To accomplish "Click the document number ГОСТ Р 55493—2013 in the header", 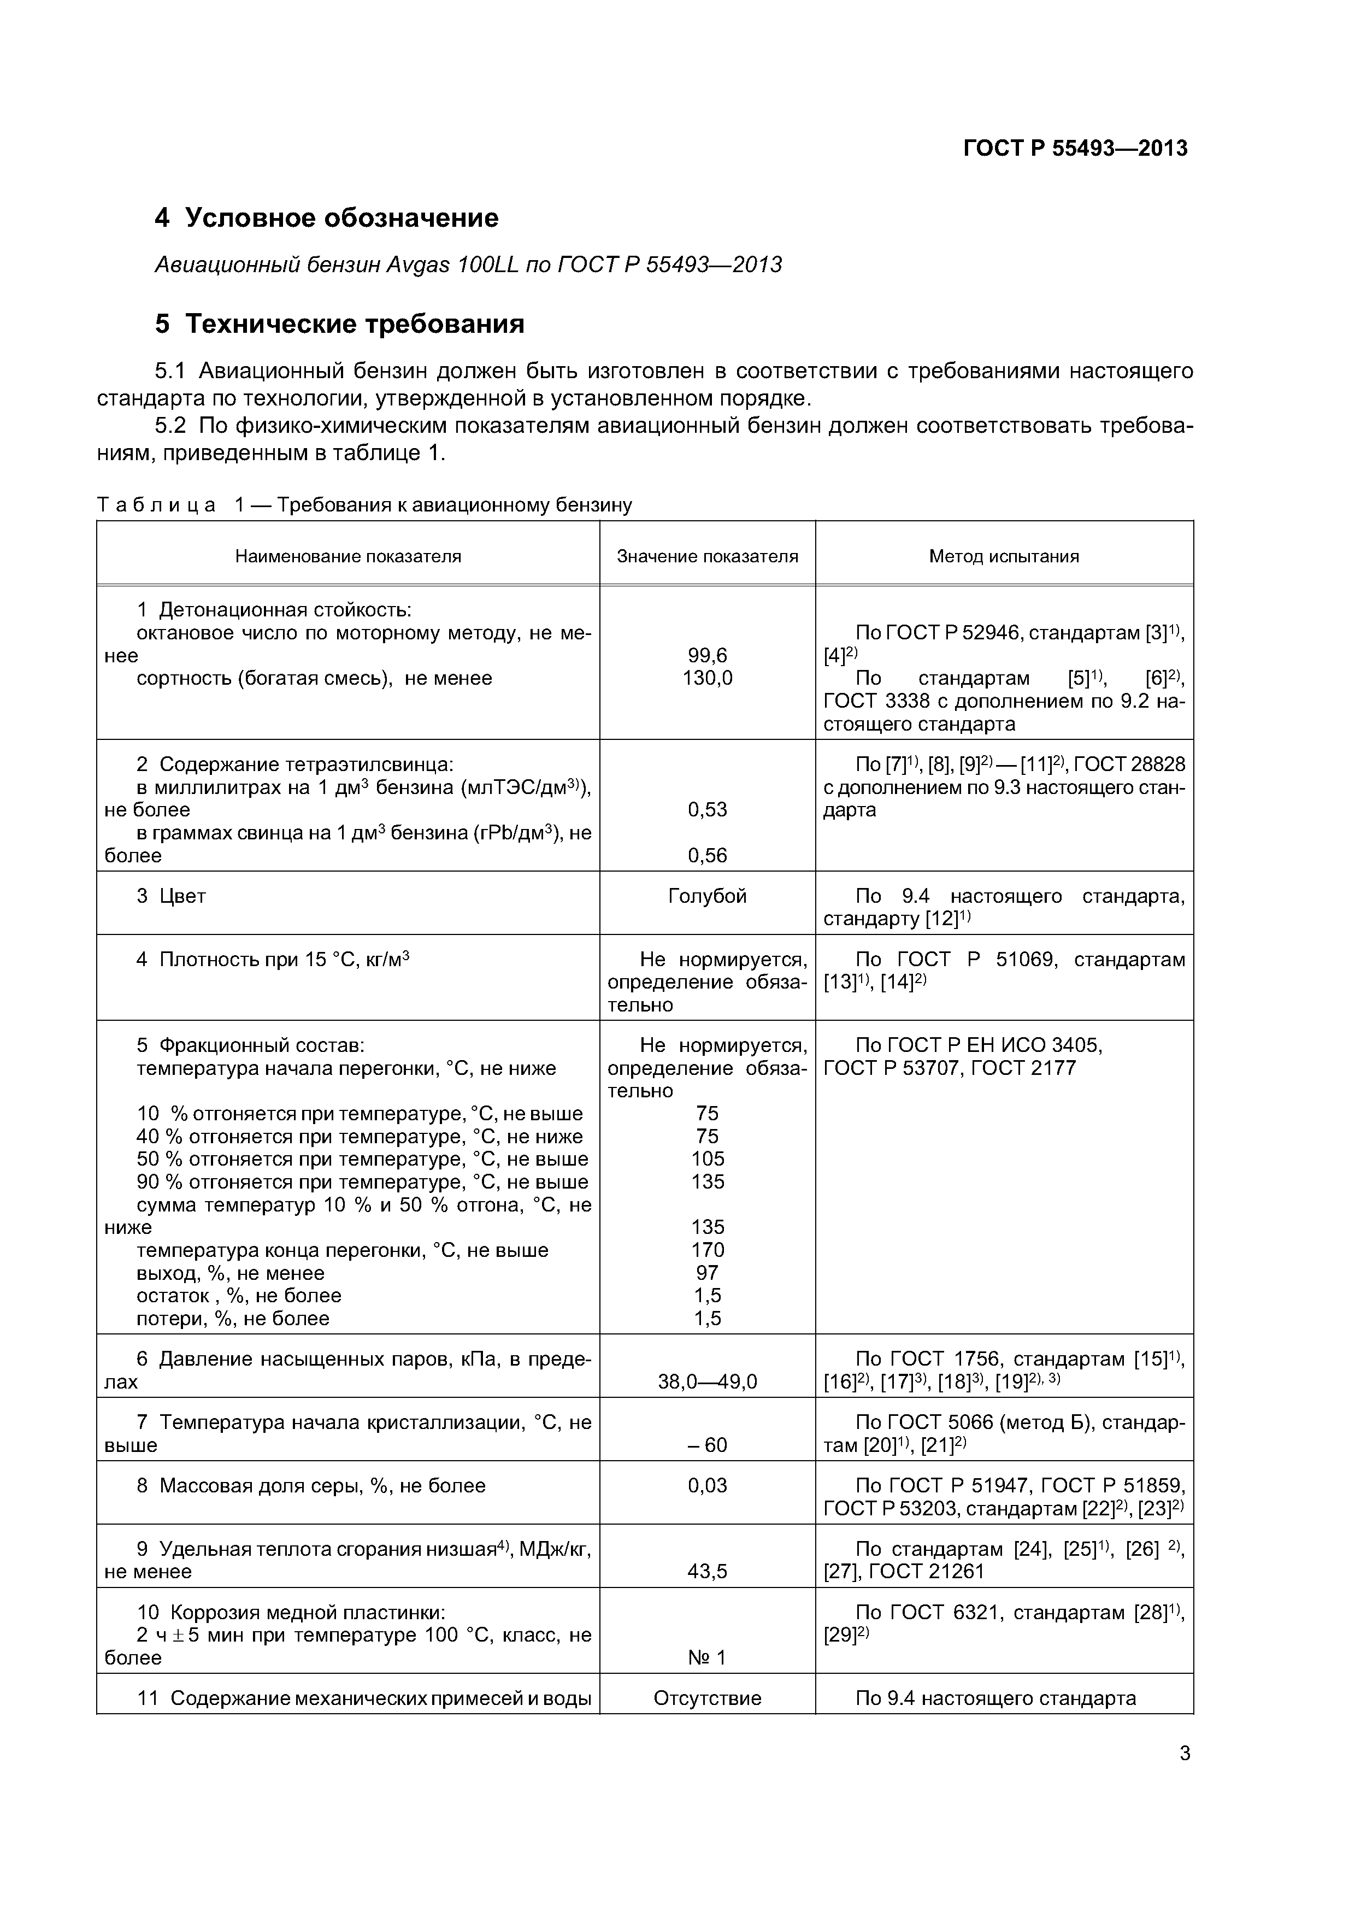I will [x=1075, y=149].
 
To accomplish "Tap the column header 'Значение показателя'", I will [x=707, y=556].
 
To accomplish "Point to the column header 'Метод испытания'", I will [x=1004, y=556].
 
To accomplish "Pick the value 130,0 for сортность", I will [x=707, y=679].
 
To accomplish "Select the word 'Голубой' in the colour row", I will [x=707, y=896].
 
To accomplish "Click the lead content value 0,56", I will [x=707, y=856].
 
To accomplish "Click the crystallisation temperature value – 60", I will [x=707, y=1445].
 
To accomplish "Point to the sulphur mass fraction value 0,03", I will [x=707, y=1485].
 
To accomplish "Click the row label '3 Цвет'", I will [x=171, y=896].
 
